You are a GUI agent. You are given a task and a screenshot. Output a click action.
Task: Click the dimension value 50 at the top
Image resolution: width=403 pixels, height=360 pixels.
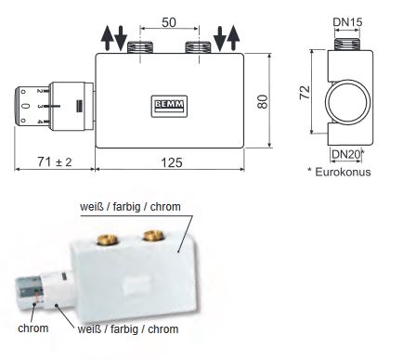(169, 22)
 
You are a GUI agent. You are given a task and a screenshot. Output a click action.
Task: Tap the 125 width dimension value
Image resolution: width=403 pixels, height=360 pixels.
(172, 162)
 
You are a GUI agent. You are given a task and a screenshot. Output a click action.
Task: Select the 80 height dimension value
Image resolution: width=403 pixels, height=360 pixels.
(263, 101)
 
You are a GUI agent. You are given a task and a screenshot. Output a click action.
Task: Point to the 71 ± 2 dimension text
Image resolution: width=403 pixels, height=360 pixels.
(55, 161)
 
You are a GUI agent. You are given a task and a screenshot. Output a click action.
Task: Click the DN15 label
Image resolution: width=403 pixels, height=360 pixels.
(347, 22)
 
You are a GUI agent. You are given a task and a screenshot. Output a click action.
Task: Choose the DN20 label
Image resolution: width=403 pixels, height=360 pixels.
(345, 154)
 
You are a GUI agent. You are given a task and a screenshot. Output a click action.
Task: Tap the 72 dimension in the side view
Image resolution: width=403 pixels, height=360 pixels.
(305, 92)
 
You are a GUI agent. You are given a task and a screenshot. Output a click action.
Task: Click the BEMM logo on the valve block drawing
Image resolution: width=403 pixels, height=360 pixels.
(169, 106)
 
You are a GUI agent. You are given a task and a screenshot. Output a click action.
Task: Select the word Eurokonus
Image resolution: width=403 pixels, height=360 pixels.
(343, 172)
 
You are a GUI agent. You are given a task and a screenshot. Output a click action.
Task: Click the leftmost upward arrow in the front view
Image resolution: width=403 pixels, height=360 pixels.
(107, 38)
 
